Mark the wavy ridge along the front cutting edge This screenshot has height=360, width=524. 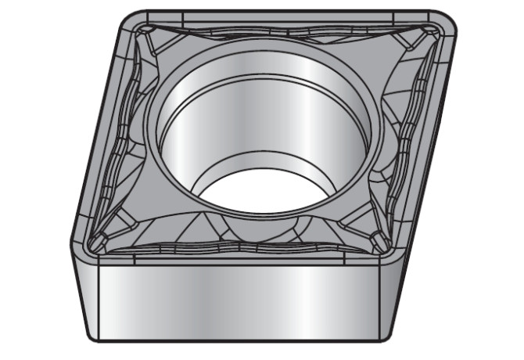tap(235, 247)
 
